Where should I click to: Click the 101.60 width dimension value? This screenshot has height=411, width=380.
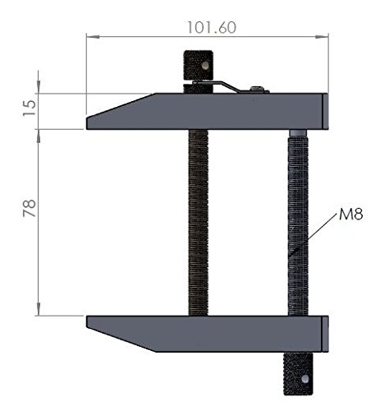[211, 28]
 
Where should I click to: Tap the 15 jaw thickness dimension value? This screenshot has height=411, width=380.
[30, 108]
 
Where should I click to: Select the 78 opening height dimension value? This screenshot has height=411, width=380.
[30, 208]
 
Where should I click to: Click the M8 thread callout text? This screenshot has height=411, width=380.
[351, 214]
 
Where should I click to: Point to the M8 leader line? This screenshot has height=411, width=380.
[313, 235]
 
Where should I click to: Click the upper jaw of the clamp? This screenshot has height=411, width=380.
[208, 111]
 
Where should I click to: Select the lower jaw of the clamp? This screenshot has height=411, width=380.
[208, 334]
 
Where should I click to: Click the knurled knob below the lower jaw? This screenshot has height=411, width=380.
[298, 374]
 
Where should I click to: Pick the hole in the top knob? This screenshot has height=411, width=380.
[204, 65]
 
